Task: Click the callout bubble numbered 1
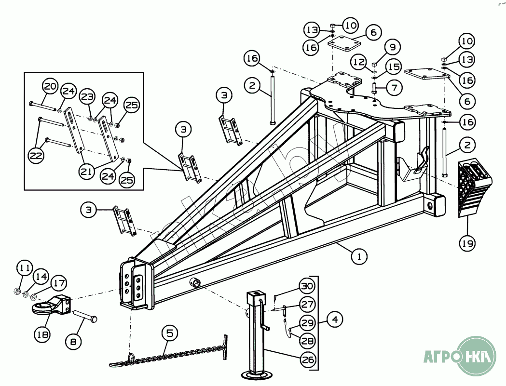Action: point(358,256)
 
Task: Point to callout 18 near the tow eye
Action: point(43,333)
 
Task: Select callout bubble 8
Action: point(74,343)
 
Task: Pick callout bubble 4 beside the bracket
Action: point(335,319)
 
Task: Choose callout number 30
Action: point(307,287)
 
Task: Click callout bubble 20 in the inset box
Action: point(50,87)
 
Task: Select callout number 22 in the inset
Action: point(37,156)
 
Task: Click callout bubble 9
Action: point(393,47)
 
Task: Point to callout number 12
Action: point(359,62)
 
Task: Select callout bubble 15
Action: point(393,67)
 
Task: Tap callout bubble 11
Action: point(25,267)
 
